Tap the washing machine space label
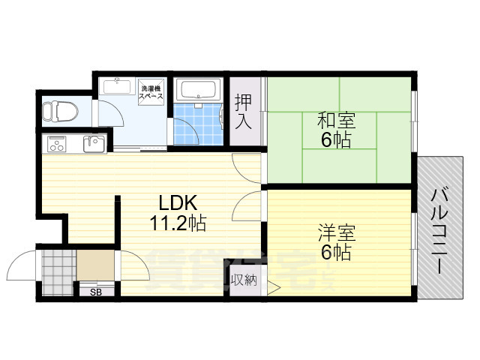(x=152, y=92)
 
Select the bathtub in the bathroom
(x=199, y=91)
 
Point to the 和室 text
(x=336, y=120)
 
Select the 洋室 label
(x=336, y=232)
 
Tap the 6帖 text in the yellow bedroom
(x=336, y=252)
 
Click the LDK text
(x=177, y=202)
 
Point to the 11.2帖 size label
(x=177, y=223)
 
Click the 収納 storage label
(x=243, y=281)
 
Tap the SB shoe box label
(x=96, y=291)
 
